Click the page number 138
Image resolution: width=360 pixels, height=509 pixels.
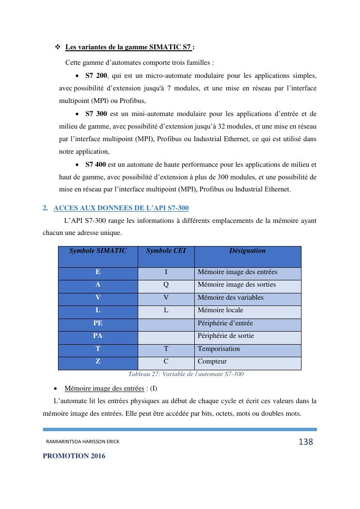click(x=306, y=442)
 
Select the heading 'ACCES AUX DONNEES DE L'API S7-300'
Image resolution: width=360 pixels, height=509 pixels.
click(x=121, y=208)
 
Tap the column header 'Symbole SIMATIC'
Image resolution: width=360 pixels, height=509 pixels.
click(x=98, y=251)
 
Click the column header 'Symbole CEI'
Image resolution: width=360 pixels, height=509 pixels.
click(x=166, y=251)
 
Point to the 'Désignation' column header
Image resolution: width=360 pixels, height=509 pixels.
click(x=247, y=251)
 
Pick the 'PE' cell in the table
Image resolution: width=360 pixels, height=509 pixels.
click(x=98, y=323)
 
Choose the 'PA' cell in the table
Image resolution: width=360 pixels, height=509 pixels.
click(x=98, y=336)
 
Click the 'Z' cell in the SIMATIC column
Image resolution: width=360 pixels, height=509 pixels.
click(x=98, y=362)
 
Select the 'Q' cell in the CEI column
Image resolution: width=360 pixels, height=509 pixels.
click(x=166, y=285)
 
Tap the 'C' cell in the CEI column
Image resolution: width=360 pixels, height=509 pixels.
click(x=166, y=362)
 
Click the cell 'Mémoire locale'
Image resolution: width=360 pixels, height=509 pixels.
click(x=220, y=310)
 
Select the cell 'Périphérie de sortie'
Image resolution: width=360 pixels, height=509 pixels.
click(x=226, y=336)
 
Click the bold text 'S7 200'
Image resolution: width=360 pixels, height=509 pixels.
click(x=96, y=76)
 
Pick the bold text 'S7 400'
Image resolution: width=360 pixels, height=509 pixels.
click(x=96, y=164)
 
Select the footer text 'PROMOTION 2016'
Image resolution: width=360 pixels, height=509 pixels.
click(x=74, y=456)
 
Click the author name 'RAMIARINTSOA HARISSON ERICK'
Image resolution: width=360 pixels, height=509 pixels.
click(x=83, y=442)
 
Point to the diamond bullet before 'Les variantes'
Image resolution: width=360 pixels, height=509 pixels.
click(x=58, y=47)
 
